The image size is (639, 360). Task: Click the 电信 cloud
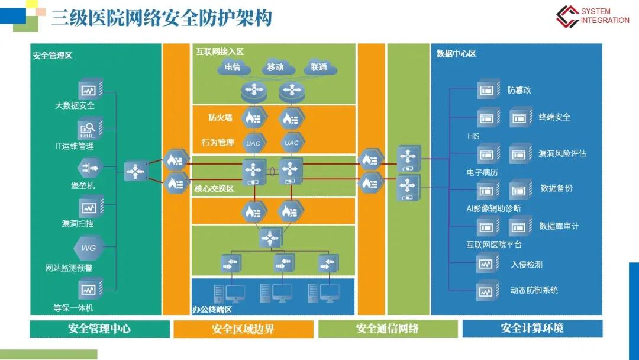tap(233, 67)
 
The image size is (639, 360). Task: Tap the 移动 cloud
tap(275, 67)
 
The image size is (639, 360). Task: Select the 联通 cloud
tap(318, 67)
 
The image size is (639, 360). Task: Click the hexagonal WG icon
tap(88, 247)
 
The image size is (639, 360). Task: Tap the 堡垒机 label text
tap(83, 185)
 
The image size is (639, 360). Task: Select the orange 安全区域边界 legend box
tap(243, 329)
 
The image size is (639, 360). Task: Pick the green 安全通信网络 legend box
tap(388, 329)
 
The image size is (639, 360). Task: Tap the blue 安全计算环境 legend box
tap(532, 328)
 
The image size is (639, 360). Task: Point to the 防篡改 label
tap(519, 91)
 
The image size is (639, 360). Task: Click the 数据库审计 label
tap(559, 226)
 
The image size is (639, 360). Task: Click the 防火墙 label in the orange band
tap(220, 117)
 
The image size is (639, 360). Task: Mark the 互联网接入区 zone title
tap(220, 52)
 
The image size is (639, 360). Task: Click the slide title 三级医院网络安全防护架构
tap(162, 18)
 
